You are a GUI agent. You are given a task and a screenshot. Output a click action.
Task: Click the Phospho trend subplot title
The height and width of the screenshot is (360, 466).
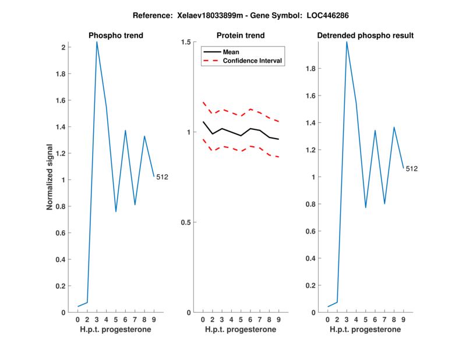click(116, 36)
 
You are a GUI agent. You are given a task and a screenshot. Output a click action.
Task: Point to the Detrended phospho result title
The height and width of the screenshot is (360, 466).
click(365, 36)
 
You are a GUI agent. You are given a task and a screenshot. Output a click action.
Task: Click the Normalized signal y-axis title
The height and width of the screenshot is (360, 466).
click(51, 177)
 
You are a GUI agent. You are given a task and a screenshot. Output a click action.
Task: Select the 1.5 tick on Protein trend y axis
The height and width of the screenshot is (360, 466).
click(187, 43)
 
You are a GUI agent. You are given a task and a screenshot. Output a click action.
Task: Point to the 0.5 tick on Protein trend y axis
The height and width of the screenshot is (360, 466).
click(187, 223)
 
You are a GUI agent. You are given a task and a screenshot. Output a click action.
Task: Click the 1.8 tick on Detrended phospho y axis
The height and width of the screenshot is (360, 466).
click(313, 69)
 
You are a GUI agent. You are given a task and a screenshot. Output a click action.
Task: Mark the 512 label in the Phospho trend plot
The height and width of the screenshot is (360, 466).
click(162, 177)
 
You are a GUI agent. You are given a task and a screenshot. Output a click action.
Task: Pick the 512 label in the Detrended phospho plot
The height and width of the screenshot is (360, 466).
click(412, 169)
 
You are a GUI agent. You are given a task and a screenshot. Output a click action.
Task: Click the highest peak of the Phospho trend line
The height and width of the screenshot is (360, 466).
click(97, 41)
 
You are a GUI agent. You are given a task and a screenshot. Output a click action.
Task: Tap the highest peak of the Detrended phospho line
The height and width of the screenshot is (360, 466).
click(347, 42)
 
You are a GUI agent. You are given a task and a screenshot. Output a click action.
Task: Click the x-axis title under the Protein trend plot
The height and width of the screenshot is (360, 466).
click(241, 330)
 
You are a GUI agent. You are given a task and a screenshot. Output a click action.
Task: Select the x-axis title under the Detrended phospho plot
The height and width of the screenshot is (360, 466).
click(365, 330)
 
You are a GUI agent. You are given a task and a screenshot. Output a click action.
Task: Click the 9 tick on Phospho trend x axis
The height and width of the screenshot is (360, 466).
click(154, 320)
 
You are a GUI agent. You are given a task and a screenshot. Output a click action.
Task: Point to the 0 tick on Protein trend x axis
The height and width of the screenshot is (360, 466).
click(203, 320)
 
